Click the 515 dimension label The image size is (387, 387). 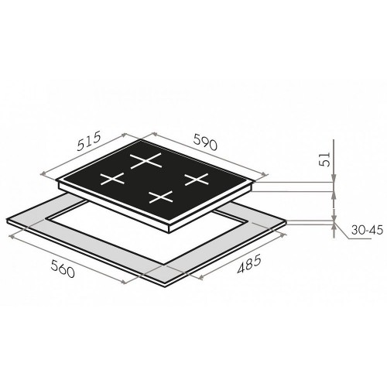[x=88, y=141]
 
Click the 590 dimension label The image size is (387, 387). [x=205, y=142]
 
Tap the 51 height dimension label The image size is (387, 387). [x=325, y=159]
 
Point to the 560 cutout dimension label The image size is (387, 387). [x=63, y=269]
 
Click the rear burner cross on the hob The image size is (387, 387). [x=146, y=160]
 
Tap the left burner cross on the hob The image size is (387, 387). [x=112, y=179]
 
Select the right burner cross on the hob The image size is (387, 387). [x=197, y=179]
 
